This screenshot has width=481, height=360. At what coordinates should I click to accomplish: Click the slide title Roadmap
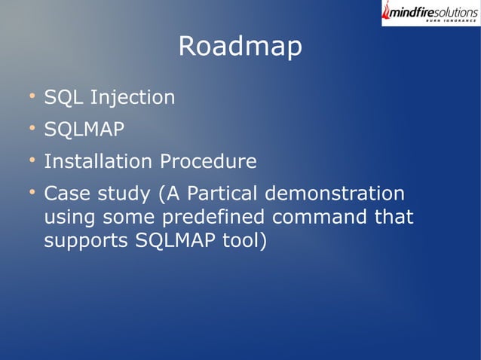[x=240, y=47]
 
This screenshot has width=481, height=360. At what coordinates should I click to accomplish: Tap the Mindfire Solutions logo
[x=430, y=13]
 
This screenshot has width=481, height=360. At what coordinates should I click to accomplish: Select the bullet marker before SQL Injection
[x=32, y=96]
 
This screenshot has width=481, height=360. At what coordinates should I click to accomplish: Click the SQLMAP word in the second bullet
[x=84, y=130]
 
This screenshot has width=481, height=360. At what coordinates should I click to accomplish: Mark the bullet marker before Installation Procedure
[x=32, y=160]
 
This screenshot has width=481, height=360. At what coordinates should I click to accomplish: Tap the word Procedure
[x=208, y=162]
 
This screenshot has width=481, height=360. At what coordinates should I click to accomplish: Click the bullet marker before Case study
[x=32, y=193]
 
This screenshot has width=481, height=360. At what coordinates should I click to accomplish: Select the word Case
[x=66, y=194]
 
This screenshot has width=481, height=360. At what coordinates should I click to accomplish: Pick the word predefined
[x=208, y=218]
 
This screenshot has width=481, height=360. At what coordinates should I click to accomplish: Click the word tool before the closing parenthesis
[x=239, y=243]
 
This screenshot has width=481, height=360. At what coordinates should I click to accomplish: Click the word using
[x=66, y=219]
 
